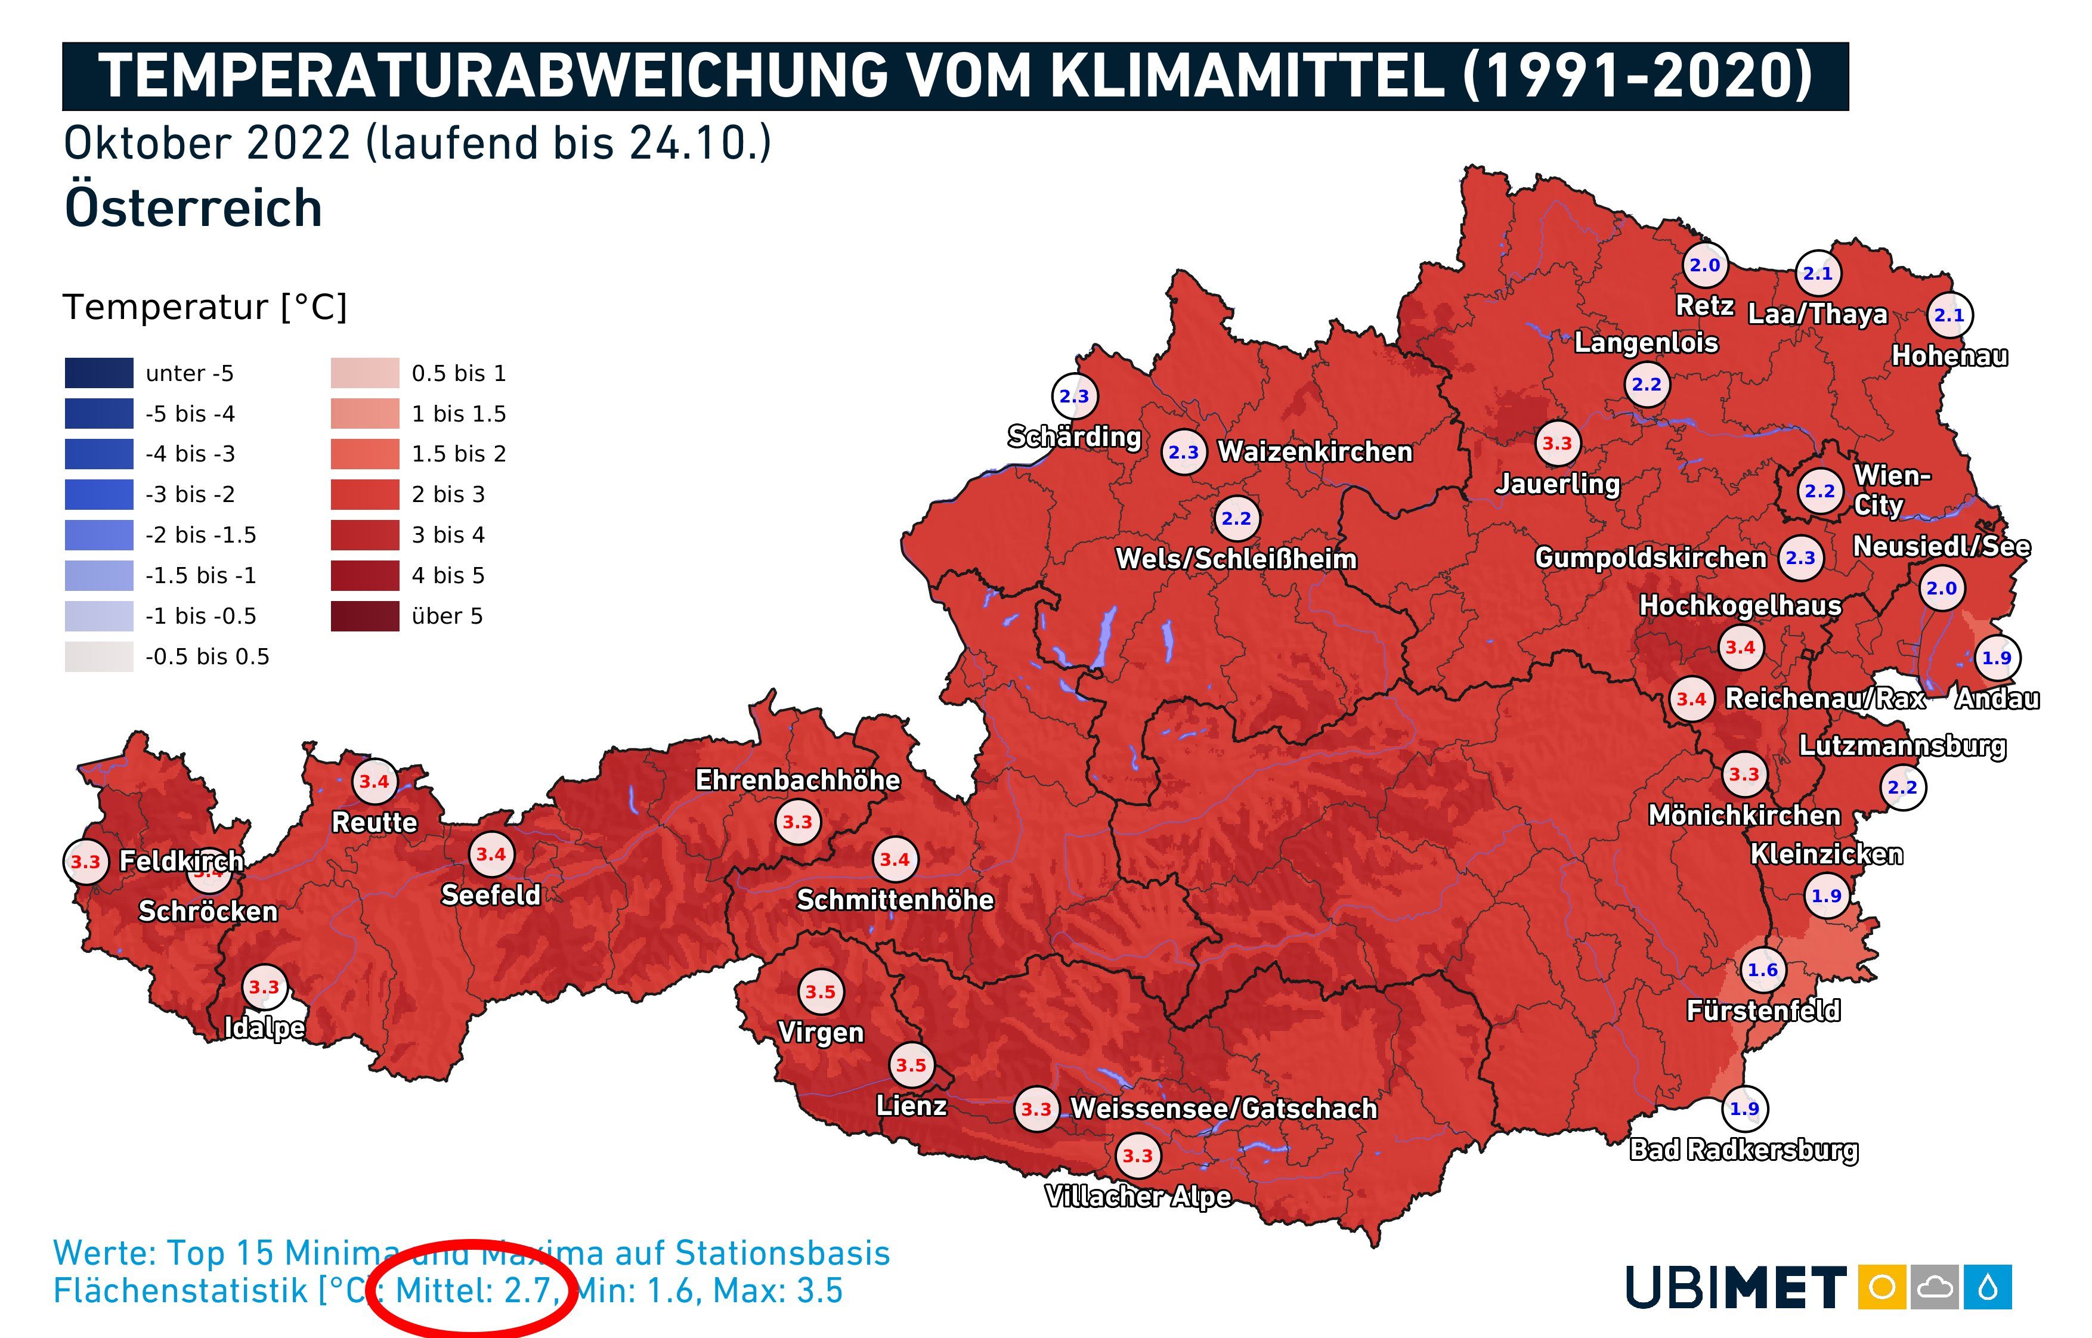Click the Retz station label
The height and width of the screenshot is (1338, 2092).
1704,306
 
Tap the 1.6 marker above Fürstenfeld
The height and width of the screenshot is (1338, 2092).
1763,970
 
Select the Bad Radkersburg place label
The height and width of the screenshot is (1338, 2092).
1744,1150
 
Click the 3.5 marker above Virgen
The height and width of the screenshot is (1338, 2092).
820,992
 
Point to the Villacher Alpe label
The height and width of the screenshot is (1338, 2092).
1137,1196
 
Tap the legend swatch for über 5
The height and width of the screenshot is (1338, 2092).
365,616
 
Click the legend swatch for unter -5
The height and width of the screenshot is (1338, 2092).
99,373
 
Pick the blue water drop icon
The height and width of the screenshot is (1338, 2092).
1988,1287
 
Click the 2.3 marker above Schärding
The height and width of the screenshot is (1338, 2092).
1074,396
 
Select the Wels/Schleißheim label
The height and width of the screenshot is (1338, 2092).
1236,559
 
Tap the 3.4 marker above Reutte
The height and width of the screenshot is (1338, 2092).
375,781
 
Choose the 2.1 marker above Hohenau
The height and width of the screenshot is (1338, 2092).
1949,315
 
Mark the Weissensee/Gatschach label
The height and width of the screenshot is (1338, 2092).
1223,1108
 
